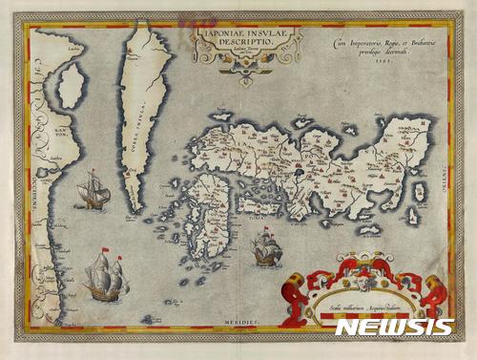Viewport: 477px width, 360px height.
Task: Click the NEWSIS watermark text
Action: pos(394,327)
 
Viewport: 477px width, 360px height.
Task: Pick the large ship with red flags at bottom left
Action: pos(105,276)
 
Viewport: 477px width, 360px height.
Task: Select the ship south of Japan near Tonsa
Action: pos(266,249)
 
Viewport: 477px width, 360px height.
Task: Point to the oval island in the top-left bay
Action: pos(71,85)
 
